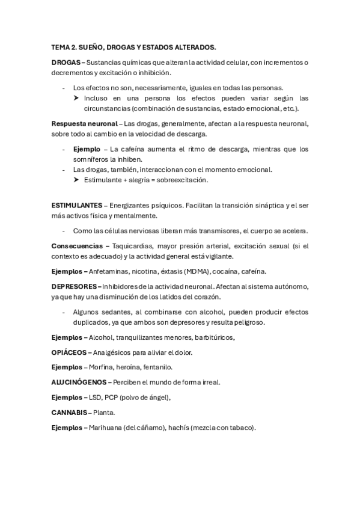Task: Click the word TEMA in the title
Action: pyautogui.click(x=61, y=46)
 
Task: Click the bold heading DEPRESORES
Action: pyautogui.click(x=75, y=286)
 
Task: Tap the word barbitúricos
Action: pyautogui.click(x=209, y=337)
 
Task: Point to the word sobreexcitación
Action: pyautogui.click(x=183, y=180)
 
